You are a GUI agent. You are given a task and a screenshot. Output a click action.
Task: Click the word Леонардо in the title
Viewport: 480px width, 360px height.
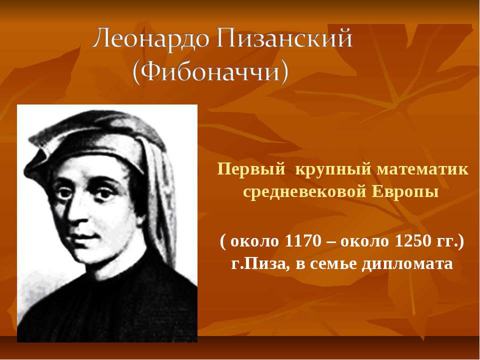(150, 38)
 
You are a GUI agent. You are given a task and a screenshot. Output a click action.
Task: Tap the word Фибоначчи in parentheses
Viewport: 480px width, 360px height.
(211, 72)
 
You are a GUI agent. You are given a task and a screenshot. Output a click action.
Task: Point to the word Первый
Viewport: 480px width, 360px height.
(251, 170)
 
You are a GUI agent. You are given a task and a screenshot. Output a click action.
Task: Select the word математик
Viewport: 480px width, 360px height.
(422, 169)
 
